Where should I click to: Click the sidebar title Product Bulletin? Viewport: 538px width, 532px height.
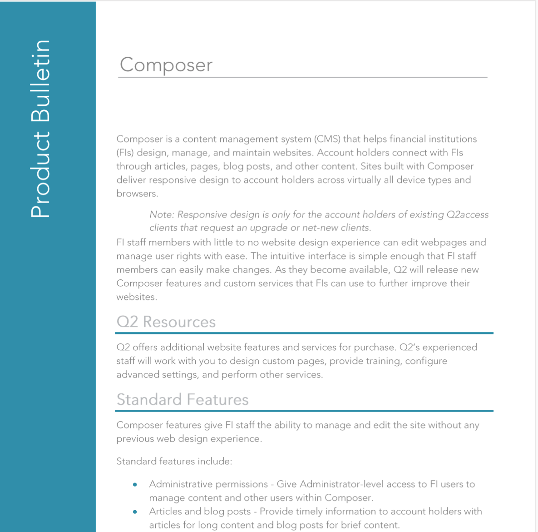click(x=40, y=129)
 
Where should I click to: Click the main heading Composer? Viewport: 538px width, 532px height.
click(x=166, y=65)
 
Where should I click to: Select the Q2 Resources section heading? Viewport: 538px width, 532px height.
click(x=166, y=322)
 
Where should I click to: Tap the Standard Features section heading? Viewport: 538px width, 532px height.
click(x=183, y=399)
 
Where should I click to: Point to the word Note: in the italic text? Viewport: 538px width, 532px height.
click(x=162, y=214)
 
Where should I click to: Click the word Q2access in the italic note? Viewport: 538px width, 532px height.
click(x=468, y=214)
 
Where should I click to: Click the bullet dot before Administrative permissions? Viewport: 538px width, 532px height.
click(x=135, y=485)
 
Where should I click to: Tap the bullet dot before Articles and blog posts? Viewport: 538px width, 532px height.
click(x=135, y=512)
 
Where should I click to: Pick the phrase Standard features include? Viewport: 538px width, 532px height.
click(x=174, y=462)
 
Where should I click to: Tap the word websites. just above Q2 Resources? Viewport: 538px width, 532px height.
click(x=137, y=297)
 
